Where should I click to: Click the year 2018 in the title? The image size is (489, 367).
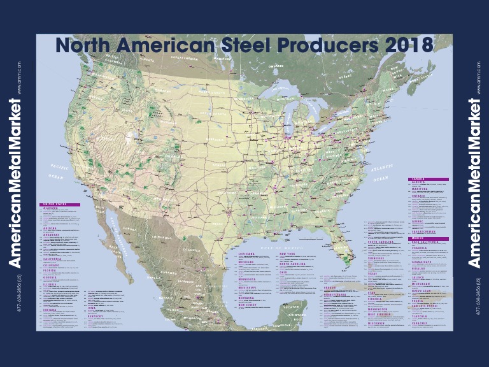tap(407, 45)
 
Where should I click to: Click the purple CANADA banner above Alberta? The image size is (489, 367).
tap(428, 179)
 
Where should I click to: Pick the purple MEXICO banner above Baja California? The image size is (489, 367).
tap(428, 238)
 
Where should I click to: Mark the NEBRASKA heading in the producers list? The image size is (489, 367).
tap(248, 298)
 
